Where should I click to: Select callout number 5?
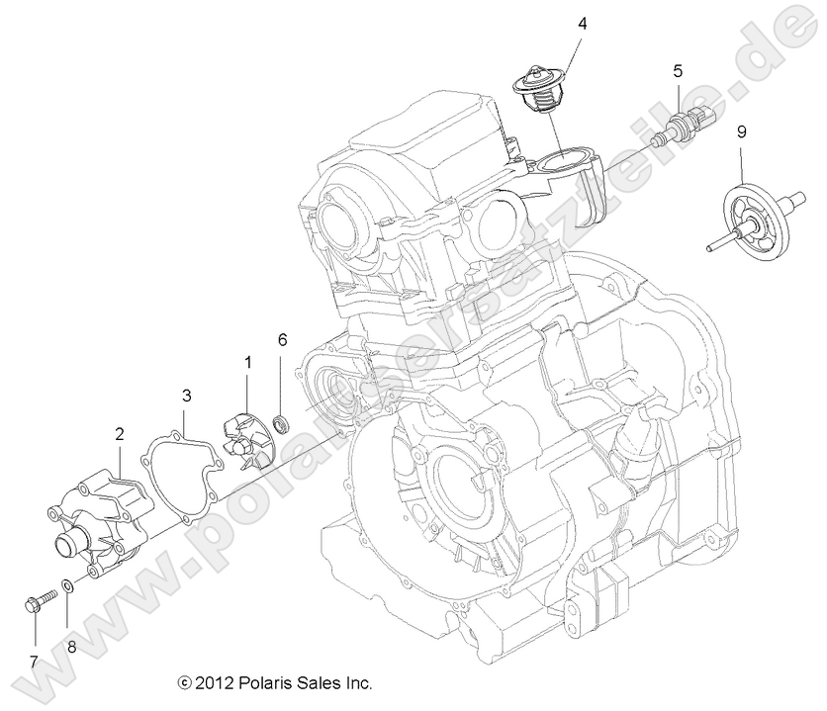coord(678,70)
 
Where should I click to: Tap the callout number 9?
coord(741,131)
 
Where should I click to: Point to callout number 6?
coord(282,339)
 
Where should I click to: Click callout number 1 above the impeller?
coord(247,362)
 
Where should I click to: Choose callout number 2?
coord(120,432)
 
